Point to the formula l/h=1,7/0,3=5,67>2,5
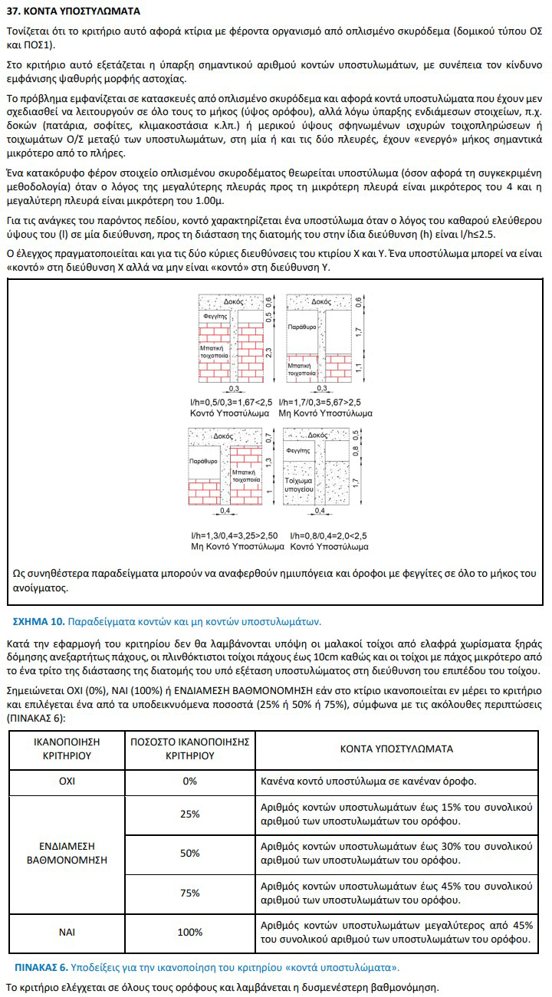[320, 403]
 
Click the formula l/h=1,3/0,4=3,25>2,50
[234, 535]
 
